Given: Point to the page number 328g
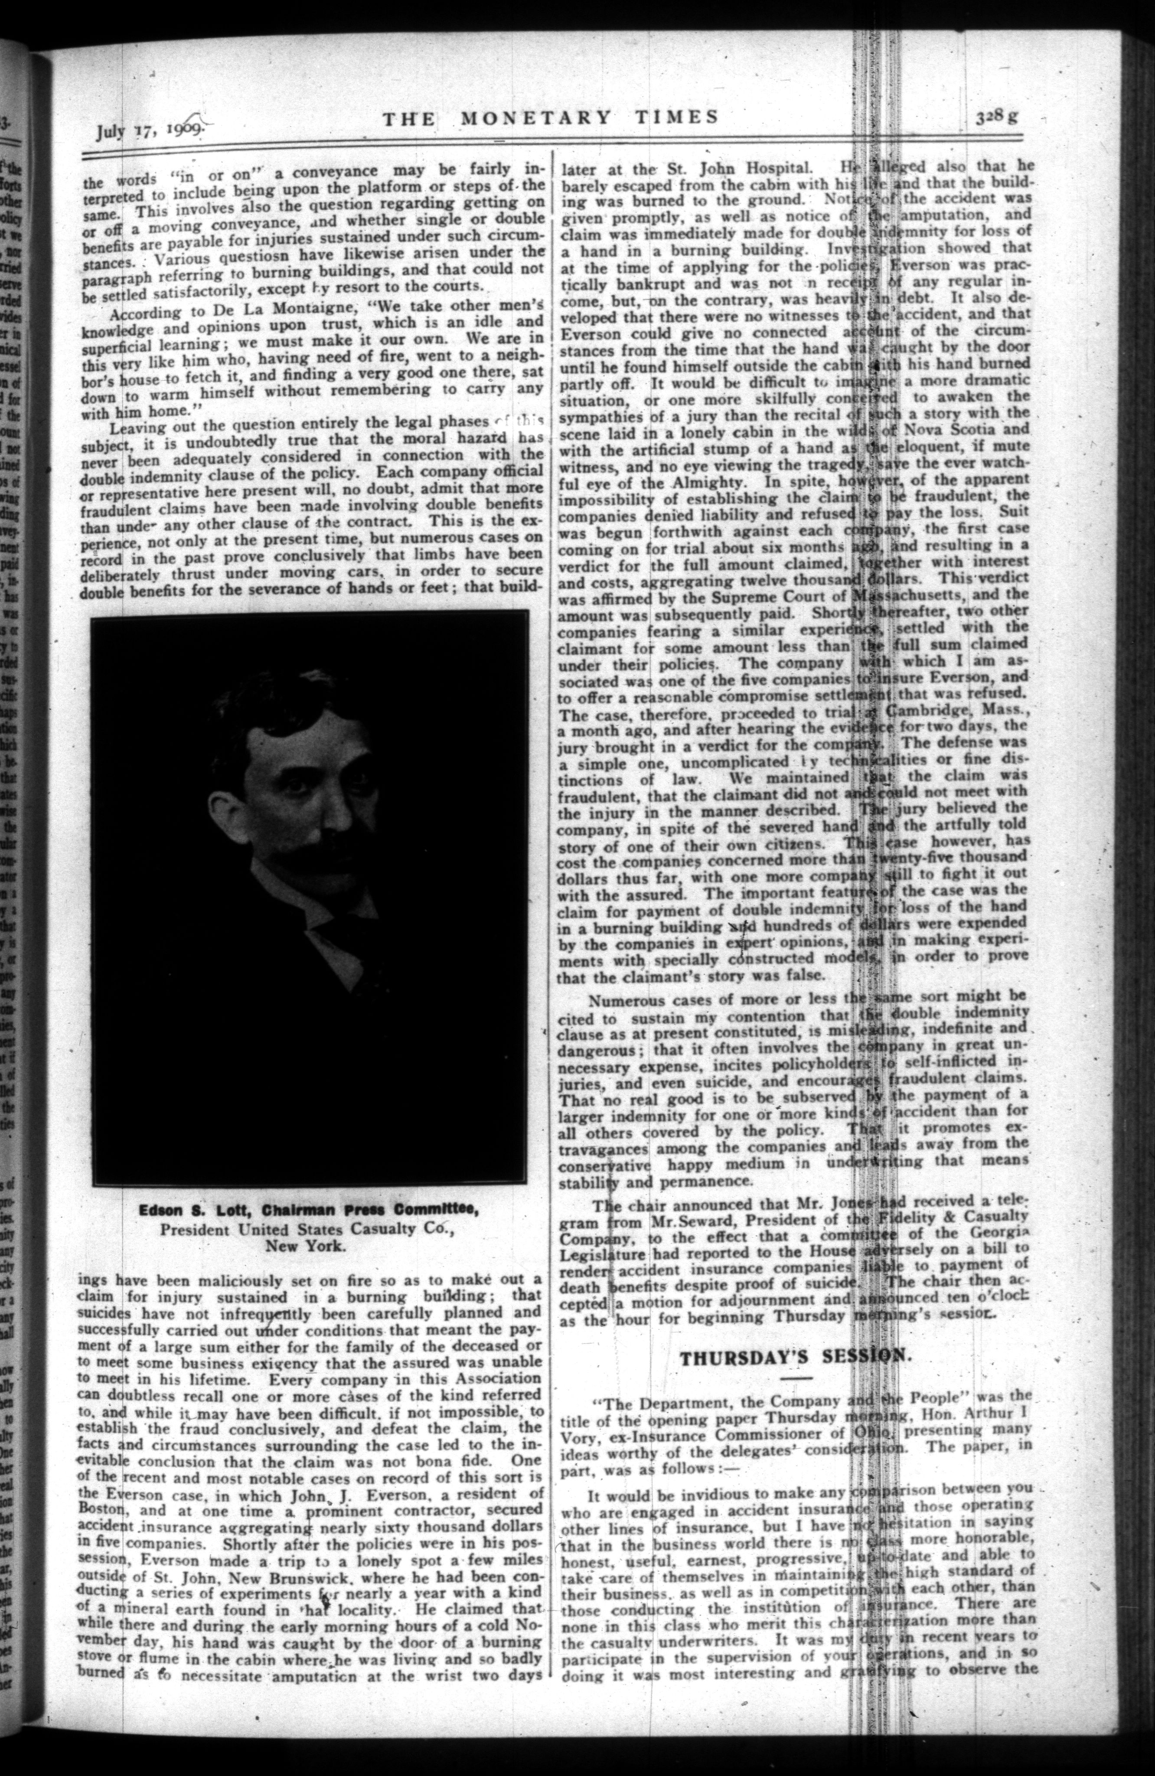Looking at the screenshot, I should [x=998, y=117].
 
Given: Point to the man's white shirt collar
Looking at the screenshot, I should [x=291, y=888].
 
